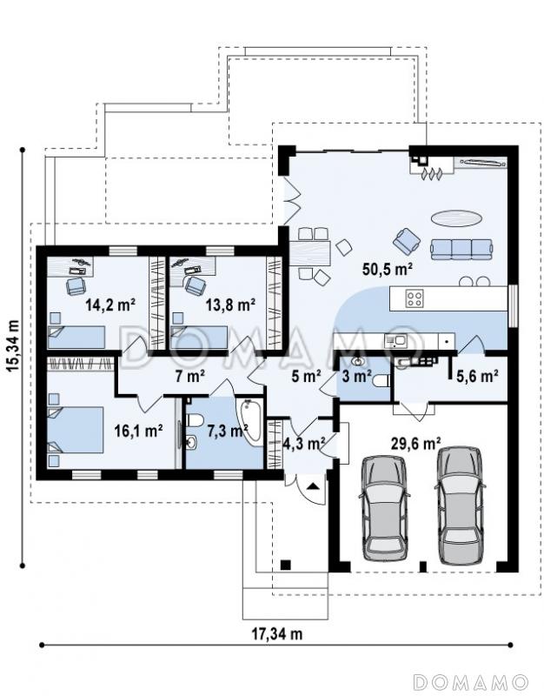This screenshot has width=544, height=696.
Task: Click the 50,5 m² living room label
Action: coord(388,269)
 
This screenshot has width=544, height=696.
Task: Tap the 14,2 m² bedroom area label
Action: coord(110,304)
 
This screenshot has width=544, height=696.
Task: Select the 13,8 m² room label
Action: coord(230,304)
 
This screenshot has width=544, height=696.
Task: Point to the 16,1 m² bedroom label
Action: coord(138,430)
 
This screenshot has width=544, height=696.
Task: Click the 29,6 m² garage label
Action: coord(415,443)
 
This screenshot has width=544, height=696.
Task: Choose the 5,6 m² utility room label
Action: coord(476,376)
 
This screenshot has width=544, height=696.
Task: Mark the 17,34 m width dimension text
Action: coord(277,633)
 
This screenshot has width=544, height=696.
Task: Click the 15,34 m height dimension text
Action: coord(13,345)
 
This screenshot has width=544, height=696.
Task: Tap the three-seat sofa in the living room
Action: coord(461,249)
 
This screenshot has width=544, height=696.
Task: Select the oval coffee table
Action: coord(456,218)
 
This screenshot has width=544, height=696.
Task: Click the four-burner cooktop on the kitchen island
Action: coord(415,298)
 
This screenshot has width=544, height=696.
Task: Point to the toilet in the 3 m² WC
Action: coord(381,381)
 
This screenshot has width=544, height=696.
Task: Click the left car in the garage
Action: coord(384,508)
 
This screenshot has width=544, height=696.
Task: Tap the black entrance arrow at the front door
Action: coord(314,486)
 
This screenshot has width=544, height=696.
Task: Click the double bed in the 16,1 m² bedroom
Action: coord(76,430)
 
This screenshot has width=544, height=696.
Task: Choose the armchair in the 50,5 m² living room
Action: coord(407,240)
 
